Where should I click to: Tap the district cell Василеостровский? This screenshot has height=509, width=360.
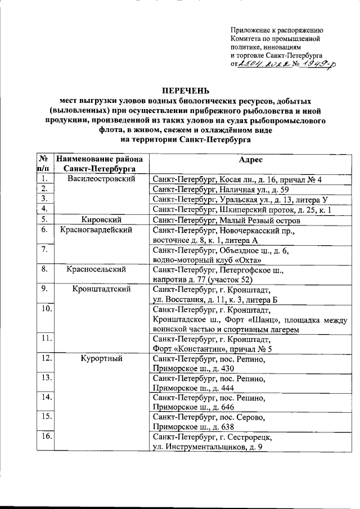pos(103,179)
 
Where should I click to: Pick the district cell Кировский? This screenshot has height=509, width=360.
pos(103,219)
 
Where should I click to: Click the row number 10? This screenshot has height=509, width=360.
pos(47,309)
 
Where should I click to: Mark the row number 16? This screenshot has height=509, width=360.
pos(47,436)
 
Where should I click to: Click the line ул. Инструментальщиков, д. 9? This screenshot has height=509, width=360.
pos(208,446)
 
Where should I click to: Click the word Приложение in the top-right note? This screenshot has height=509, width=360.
pos(250,30)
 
